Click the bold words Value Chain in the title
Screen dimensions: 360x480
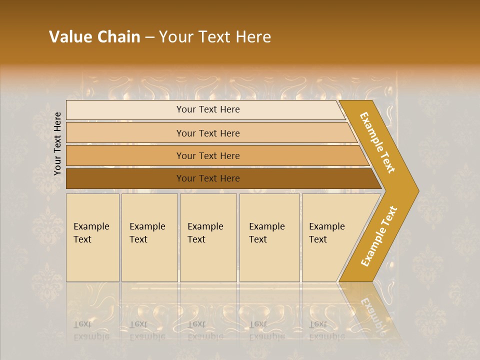click(x=94, y=37)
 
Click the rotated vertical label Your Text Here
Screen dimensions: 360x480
click(x=57, y=143)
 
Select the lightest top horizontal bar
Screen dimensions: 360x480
click(x=125, y=110)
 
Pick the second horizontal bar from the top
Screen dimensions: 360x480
click(x=125, y=133)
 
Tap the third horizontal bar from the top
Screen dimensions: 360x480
click(x=125, y=155)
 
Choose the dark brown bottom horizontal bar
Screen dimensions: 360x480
click(x=125, y=178)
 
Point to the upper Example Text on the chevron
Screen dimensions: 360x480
click(x=377, y=142)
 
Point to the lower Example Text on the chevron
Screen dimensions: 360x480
click(x=379, y=236)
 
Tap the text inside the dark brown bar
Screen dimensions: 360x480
click(x=208, y=178)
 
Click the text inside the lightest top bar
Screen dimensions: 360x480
click(x=208, y=109)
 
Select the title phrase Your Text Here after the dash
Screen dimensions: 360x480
click(x=215, y=37)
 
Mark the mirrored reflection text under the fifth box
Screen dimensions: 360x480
click(x=326, y=330)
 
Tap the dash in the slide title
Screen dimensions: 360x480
click(x=149, y=37)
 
